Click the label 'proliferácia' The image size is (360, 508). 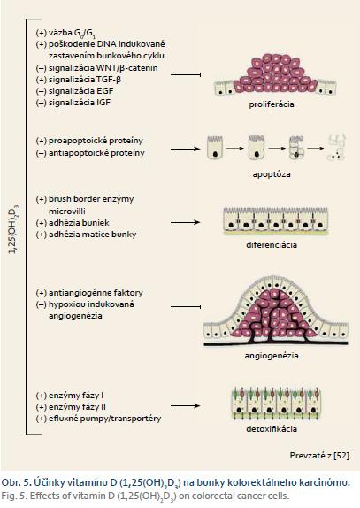pyautogui.click(x=272, y=104)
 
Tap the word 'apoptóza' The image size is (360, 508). pyautogui.click(x=272, y=174)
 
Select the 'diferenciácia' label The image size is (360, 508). pyautogui.click(x=272, y=244)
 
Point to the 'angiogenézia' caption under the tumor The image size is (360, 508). pyautogui.click(x=272, y=356)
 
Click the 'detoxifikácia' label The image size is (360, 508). pyautogui.click(x=272, y=429)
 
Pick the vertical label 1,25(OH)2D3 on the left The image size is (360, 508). pyautogui.click(x=13, y=229)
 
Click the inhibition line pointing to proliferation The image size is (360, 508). pyautogui.click(x=186, y=75)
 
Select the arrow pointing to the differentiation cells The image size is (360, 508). pyautogui.click(x=185, y=222)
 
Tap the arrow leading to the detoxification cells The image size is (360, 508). pyautogui.click(x=185, y=405)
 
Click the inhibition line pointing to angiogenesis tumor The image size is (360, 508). pyautogui.click(x=186, y=306)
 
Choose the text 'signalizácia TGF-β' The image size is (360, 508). pyautogui.click(x=85, y=80)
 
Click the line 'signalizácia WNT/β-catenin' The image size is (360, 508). pyautogui.click(x=103, y=68)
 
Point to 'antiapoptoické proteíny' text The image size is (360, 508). pyautogui.click(x=96, y=153)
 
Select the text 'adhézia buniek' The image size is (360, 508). pyautogui.click(x=79, y=223)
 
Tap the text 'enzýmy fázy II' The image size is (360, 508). pyautogui.click(x=77, y=407)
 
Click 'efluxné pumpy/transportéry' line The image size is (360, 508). pyautogui.click(x=104, y=419)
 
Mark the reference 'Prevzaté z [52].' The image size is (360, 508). pyautogui.click(x=320, y=456)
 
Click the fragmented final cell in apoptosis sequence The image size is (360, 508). pyautogui.click(x=337, y=148)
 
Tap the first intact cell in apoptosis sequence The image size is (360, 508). pyautogui.click(x=215, y=148)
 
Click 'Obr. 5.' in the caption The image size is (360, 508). pyautogui.click(x=15, y=482)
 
